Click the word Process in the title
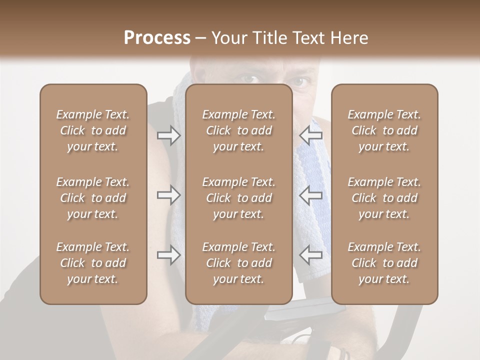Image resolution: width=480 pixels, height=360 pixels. [157, 37]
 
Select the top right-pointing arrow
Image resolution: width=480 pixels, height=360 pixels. [169, 135]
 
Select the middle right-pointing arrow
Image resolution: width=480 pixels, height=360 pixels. [169, 195]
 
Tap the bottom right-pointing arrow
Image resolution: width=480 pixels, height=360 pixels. [169, 255]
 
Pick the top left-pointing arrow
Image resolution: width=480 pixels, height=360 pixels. [310, 135]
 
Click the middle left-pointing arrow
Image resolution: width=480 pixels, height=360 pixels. [310, 195]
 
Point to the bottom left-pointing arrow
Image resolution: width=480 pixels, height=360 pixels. [310, 255]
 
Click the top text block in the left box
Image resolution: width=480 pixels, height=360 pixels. [93, 130]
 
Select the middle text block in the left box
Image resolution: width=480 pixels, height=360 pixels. [93, 198]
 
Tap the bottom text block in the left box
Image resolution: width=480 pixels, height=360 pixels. [93, 263]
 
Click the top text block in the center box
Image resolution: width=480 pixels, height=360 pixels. [238, 130]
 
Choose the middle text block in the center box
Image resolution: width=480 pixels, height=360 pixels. [238, 198]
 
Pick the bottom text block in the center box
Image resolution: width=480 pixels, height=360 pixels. [238, 263]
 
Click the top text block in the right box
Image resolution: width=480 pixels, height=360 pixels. [384, 130]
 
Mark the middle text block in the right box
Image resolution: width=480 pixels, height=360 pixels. [384, 198]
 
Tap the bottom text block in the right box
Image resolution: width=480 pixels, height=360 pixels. [384, 263]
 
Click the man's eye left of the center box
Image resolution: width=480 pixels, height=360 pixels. [249, 78]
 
